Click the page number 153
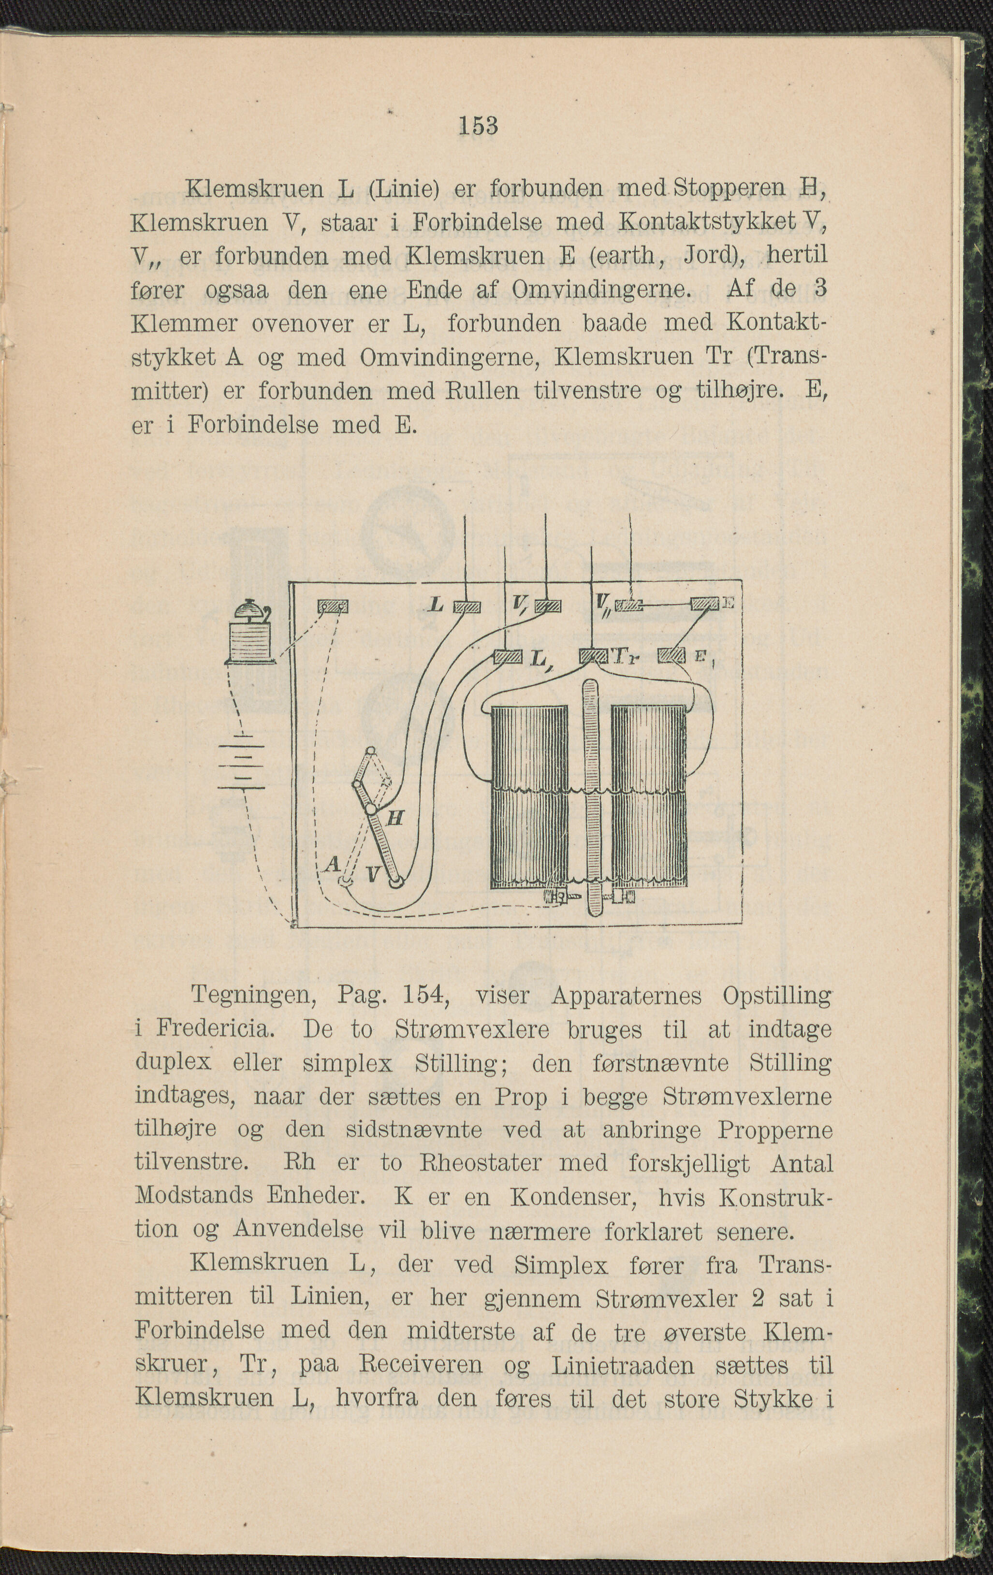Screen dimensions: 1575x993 point(478,125)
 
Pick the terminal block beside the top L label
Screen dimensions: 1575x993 point(467,607)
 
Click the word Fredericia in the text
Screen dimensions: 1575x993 point(213,1029)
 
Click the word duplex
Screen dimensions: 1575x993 point(173,1063)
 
